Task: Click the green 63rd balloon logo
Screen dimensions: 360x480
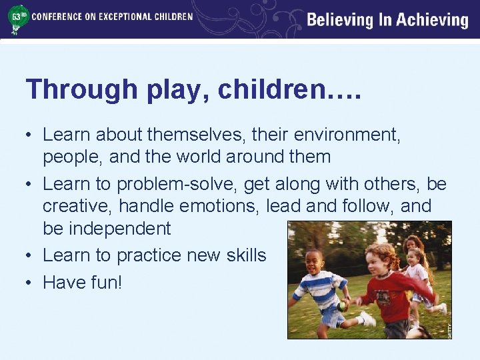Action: click(x=17, y=19)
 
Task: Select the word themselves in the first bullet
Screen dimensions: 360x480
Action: click(x=197, y=135)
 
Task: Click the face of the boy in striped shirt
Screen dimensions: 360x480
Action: click(x=314, y=262)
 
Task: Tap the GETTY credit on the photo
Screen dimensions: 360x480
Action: click(x=449, y=329)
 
